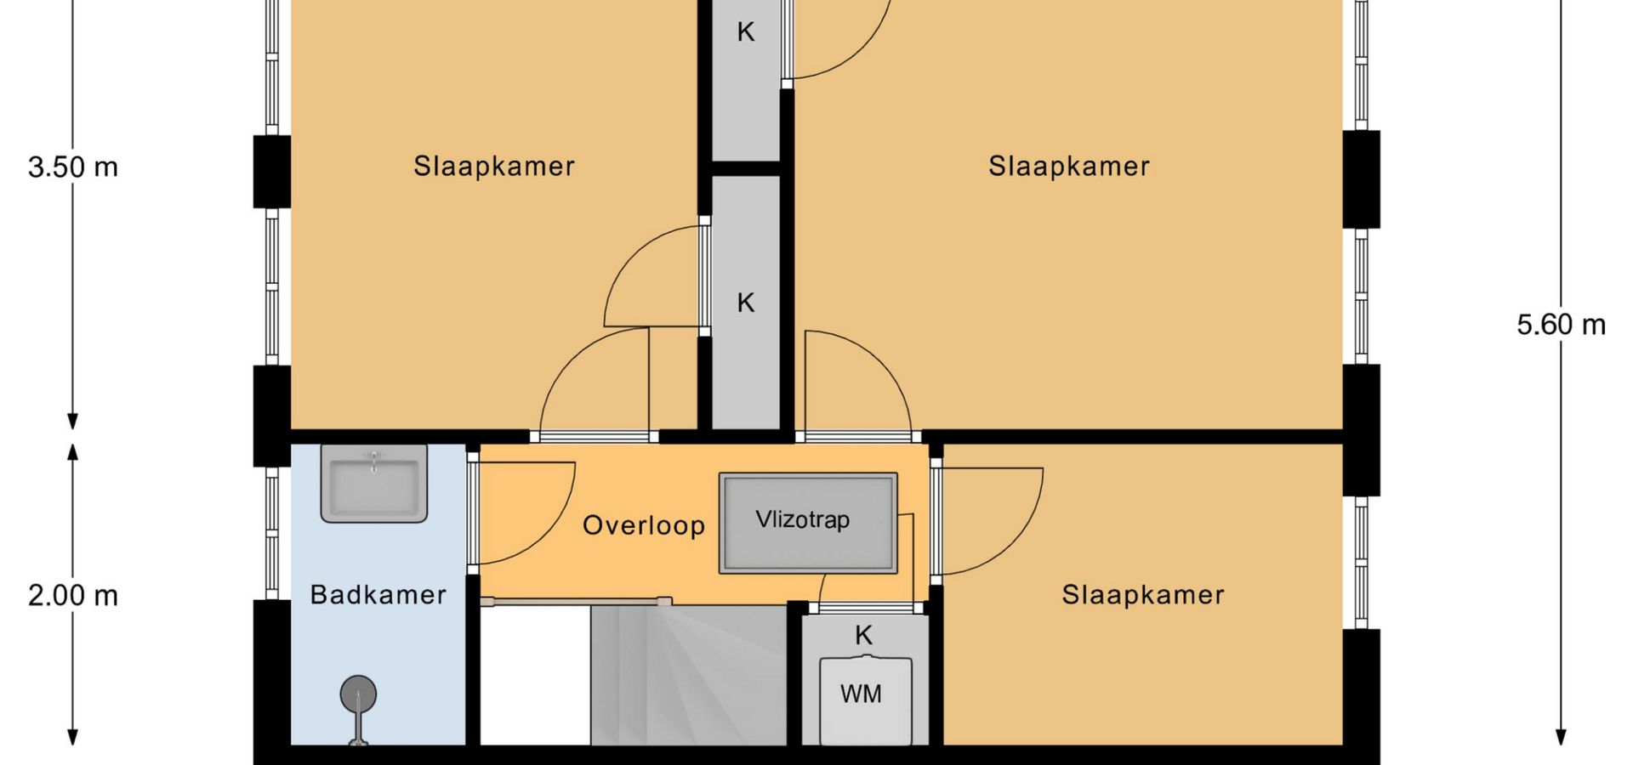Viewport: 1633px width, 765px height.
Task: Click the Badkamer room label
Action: (378, 594)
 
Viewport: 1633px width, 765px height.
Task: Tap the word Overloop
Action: (644, 525)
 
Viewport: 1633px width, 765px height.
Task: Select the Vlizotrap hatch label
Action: (803, 519)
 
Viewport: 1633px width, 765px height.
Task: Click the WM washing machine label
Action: (861, 694)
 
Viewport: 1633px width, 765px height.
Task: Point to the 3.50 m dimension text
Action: (73, 167)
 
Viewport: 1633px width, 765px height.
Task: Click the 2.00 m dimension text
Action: (73, 596)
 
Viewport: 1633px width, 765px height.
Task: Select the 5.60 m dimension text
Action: (1562, 325)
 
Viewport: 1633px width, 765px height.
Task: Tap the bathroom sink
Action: (373, 483)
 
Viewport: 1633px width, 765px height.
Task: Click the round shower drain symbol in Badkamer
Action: (358, 694)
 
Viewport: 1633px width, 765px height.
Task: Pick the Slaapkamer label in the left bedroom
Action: (494, 166)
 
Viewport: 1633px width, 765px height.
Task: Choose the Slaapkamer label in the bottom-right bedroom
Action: (1143, 594)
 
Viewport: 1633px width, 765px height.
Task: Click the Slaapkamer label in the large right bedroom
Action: (1069, 166)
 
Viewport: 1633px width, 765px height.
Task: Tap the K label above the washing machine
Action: (864, 635)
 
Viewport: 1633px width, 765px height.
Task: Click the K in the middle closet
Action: (746, 303)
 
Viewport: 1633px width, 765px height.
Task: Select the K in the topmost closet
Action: (746, 31)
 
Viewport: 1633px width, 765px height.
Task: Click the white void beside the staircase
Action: (535, 676)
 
